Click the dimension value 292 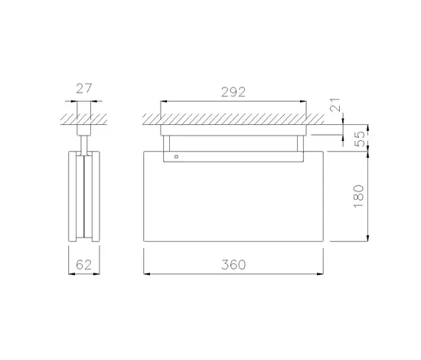click(x=233, y=92)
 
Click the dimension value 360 click(x=233, y=264)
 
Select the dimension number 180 click(x=359, y=196)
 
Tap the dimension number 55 click(x=360, y=139)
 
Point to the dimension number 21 click(x=335, y=105)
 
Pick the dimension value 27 click(x=84, y=89)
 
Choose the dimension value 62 click(x=84, y=265)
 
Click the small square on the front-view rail click(x=176, y=156)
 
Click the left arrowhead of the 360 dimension click(x=147, y=274)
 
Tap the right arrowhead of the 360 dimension click(x=320, y=274)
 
